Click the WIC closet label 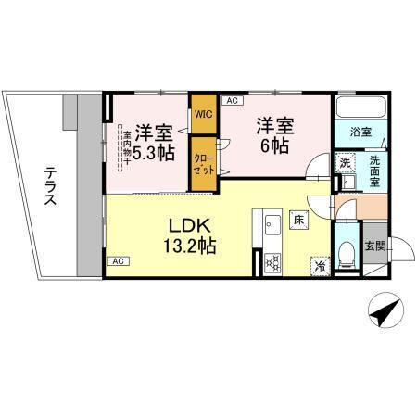tap(202, 115)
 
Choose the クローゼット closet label tap(202, 163)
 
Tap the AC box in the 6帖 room tap(231, 99)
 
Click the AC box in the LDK tap(118, 262)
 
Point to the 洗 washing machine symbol tap(344, 164)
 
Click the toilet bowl tap(346, 250)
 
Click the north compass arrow tap(384, 312)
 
